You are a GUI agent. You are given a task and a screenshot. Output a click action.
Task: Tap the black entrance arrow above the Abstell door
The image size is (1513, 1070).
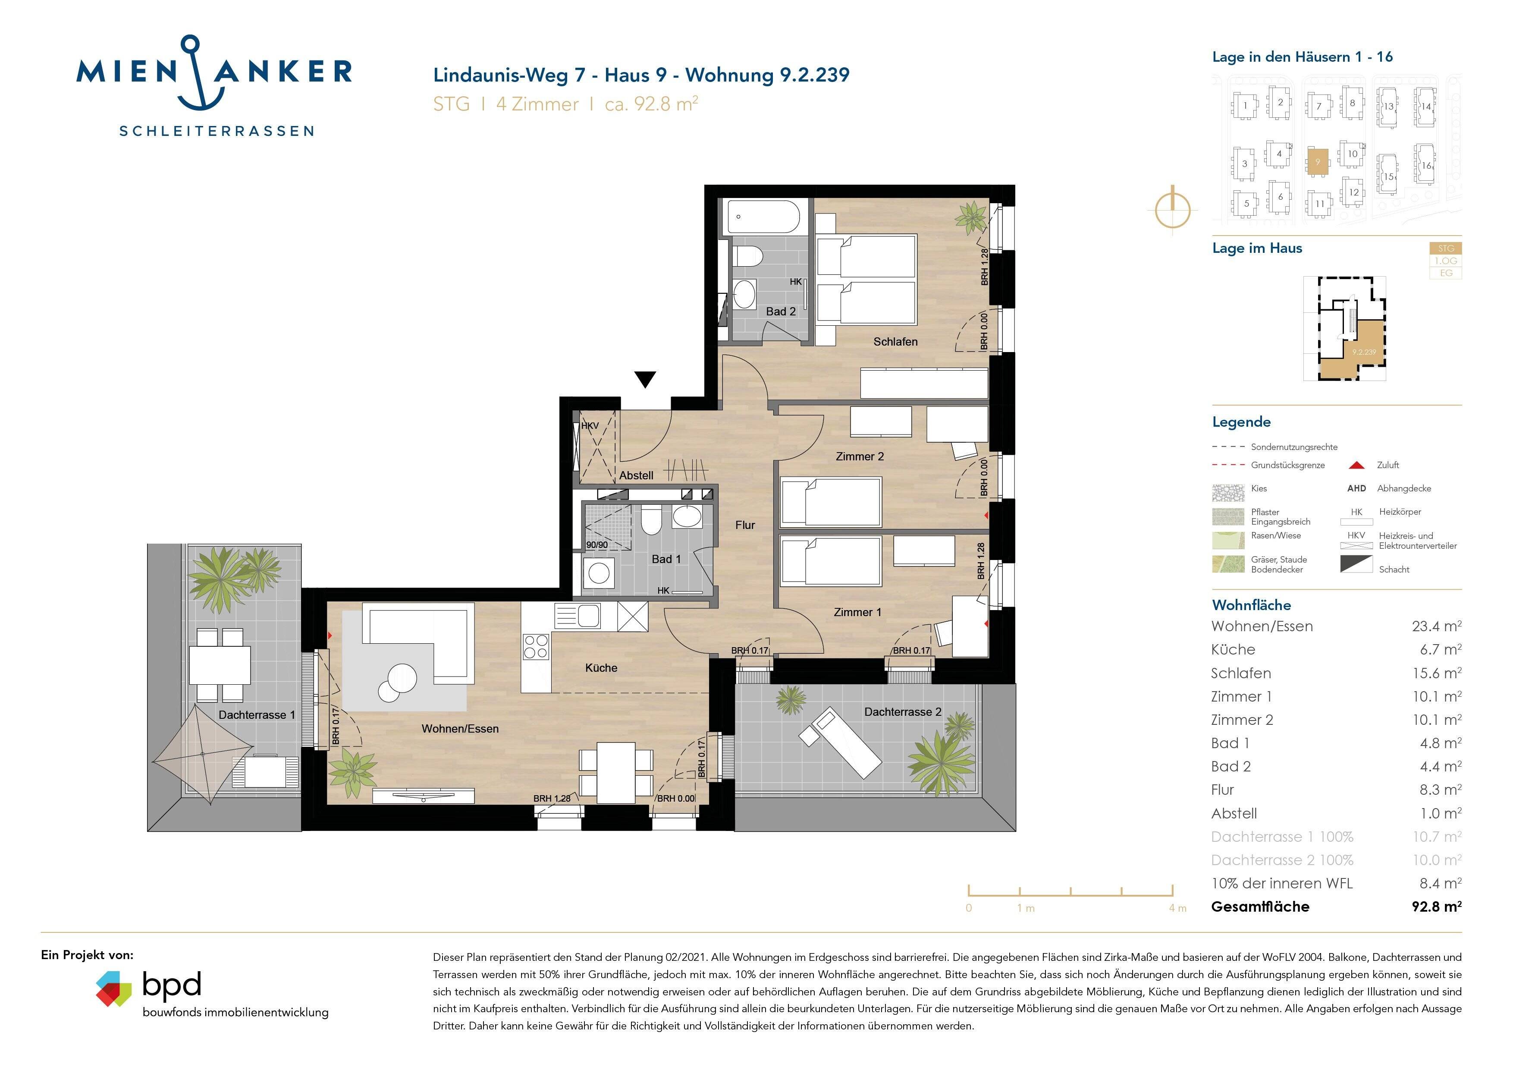[x=645, y=379]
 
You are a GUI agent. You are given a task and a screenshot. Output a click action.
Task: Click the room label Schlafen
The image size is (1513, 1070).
[x=895, y=342]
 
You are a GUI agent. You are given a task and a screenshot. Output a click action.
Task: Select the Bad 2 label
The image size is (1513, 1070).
[x=781, y=311]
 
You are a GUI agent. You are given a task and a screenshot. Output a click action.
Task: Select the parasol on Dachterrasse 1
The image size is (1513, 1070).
[x=202, y=754]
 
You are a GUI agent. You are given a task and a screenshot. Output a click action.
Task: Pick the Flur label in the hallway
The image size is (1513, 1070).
[x=745, y=525]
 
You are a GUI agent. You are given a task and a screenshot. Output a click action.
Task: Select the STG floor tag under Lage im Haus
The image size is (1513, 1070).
[x=1446, y=249]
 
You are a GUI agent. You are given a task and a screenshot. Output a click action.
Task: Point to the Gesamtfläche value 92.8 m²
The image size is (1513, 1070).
[x=1437, y=906]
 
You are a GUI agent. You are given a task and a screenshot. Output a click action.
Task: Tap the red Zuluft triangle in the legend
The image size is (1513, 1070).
[x=1357, y=466]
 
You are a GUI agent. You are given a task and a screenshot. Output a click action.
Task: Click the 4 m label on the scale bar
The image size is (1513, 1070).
[x=1177, y=909]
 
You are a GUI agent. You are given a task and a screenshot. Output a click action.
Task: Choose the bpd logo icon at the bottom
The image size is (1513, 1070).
[x=114, y=988]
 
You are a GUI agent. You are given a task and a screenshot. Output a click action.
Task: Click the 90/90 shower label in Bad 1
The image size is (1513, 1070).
[x=597, y=545]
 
